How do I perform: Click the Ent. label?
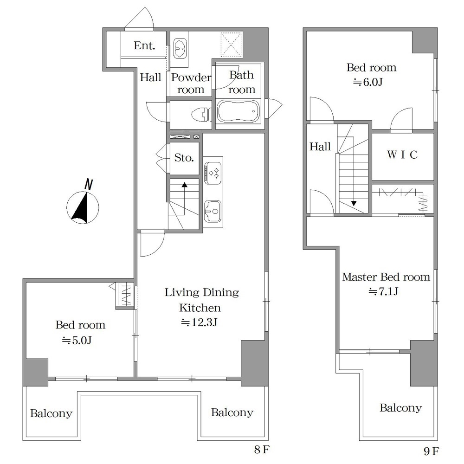pyautogui.click(x=144, y=45)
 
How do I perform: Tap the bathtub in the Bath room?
pyautogui.click(x=238, y=111)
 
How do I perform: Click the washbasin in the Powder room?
pyautogui.click(x=180, y=48)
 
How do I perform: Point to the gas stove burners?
pyautogui.click(x=213, y=173)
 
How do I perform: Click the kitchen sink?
pyautogui.click(x=213, y=211)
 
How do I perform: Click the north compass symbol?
pyautogui.click(x=83, y=207)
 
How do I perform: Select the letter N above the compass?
pyautogui.click(x=89, y=184)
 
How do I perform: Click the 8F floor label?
pyautogui.click(x=262, y=450)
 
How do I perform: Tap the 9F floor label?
pyautogui.click(x=432, y=451)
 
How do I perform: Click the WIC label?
pyautogui.click(x=402, y=155)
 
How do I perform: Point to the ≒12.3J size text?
pyautogui.click(x=199, y=322)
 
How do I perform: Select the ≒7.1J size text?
pyautogui.click(x=383, y=291)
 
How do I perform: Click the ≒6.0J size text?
pyautogui.click(x=368, y=82)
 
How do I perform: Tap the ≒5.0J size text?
pyautogui.click(x=77, y=340)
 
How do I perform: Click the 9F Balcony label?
pyautogui.click(x=401, y=408)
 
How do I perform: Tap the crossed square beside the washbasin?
pyautogui.click(x=231, y=45)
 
